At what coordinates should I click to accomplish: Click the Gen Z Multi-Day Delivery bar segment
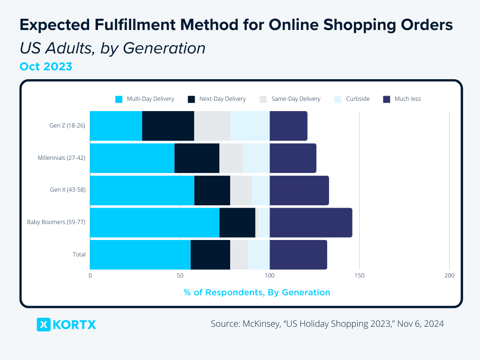click(x=116, y=126)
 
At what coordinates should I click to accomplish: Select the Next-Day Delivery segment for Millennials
click(x=197, y=158)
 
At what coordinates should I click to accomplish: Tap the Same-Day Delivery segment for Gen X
click(x=241, y=190)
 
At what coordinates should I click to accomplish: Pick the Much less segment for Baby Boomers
click(x=311, y=223)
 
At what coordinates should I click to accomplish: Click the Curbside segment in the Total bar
click(x=259, y=255)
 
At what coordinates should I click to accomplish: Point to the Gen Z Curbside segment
click(x=250, y=126)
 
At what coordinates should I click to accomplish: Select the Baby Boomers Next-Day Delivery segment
click(x=237, y=223)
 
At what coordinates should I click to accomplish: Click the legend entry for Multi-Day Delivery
click(x=145, y=99)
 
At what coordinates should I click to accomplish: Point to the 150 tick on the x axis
click(x=360, y=276)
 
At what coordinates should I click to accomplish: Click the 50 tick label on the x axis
click(x=180, y=276)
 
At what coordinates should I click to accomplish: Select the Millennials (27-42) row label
click(x=61, y=158)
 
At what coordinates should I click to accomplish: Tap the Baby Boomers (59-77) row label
click(x=56, y=222)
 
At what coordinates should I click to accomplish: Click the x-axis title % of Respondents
click(x=257, y=292)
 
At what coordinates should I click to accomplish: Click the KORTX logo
click(x=66, y=324)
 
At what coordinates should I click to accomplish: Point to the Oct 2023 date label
click(x=46, y=67)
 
